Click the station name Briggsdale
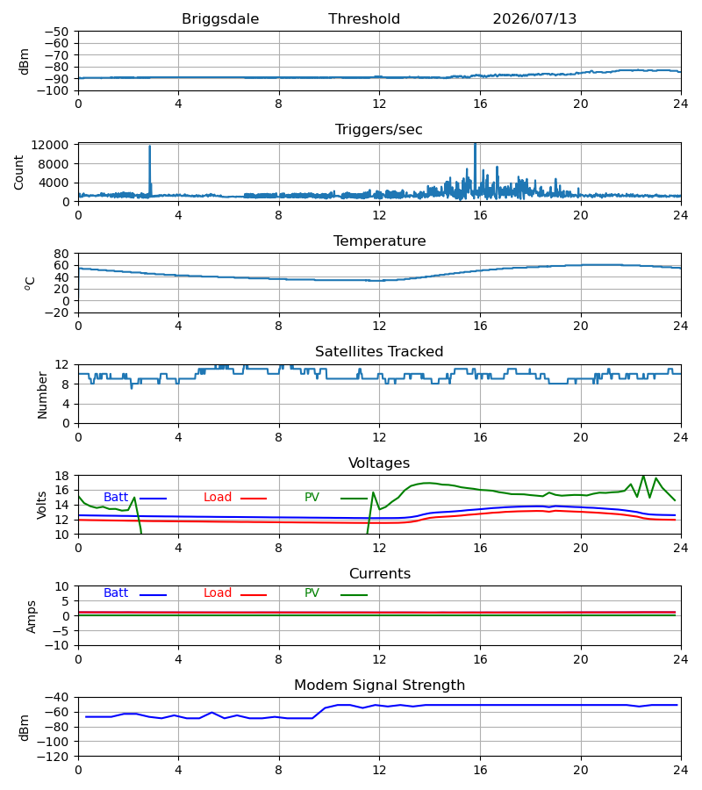pos(220,19)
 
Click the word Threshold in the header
pos(364,18)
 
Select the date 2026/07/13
pos(534,19)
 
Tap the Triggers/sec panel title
pos(379,130)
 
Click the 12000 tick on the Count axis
pos(50,145)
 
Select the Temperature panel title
pos(379,241)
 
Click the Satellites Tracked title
pos(379,352)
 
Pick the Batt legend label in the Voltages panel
pos(116,498)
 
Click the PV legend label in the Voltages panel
pos(312,498)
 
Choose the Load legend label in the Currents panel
pos(218,593)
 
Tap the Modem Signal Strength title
pos(379,686)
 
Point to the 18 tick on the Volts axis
pos(61,476)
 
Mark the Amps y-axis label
pos(32,617)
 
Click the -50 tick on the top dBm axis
pos(56,32)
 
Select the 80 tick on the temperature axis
pos(61,254)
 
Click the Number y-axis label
pos(42,395)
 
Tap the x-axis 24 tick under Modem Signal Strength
pos(680,770)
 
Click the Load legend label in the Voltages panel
pos(218,498)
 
